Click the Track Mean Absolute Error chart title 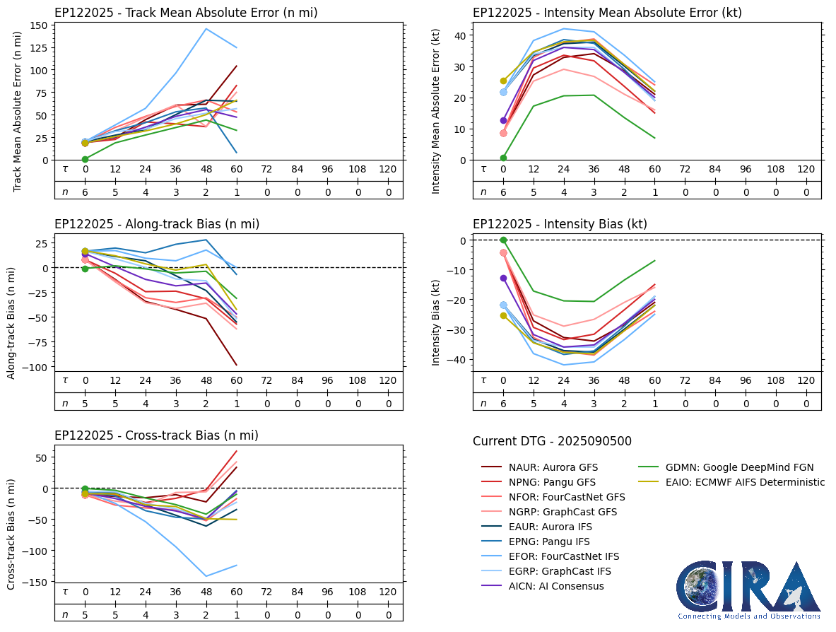coord(186,13)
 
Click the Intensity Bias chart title coord(560,224)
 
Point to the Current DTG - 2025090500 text coord(552,441)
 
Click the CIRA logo coord(748,591)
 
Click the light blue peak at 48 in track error coord(206,29)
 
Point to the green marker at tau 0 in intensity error coord(503,158)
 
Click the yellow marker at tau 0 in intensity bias coord(503,315)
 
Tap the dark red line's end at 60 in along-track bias coord(236,365)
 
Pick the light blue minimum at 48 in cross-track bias coord(206,576)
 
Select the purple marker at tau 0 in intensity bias coord(503,278)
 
